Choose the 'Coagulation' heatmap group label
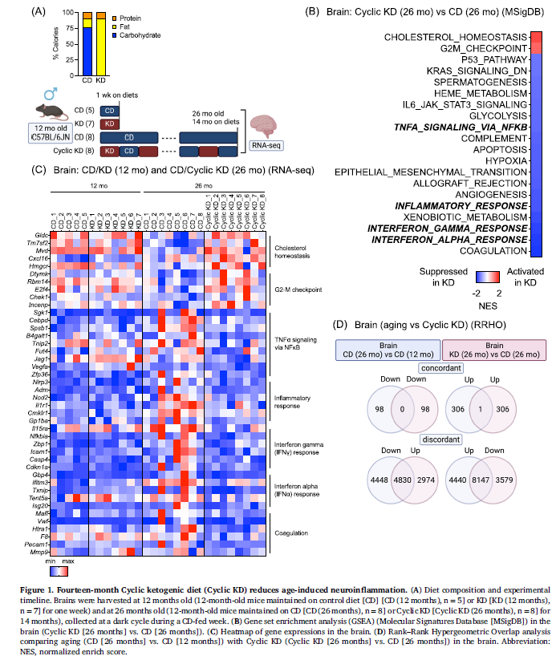290,531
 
